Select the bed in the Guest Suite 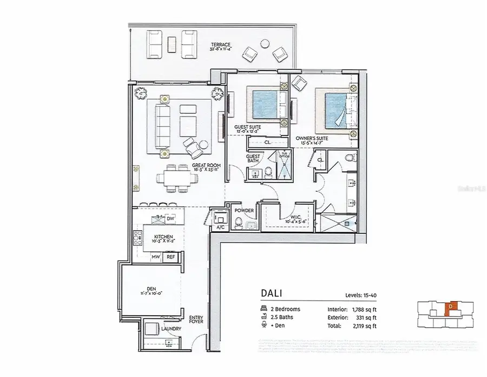point(266,105)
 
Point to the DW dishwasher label point(170,218)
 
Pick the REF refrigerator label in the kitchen point(170,257)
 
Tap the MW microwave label point(156,257)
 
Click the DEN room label point(143,290)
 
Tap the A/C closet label point(220,227)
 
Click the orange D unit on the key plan point(449,307)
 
